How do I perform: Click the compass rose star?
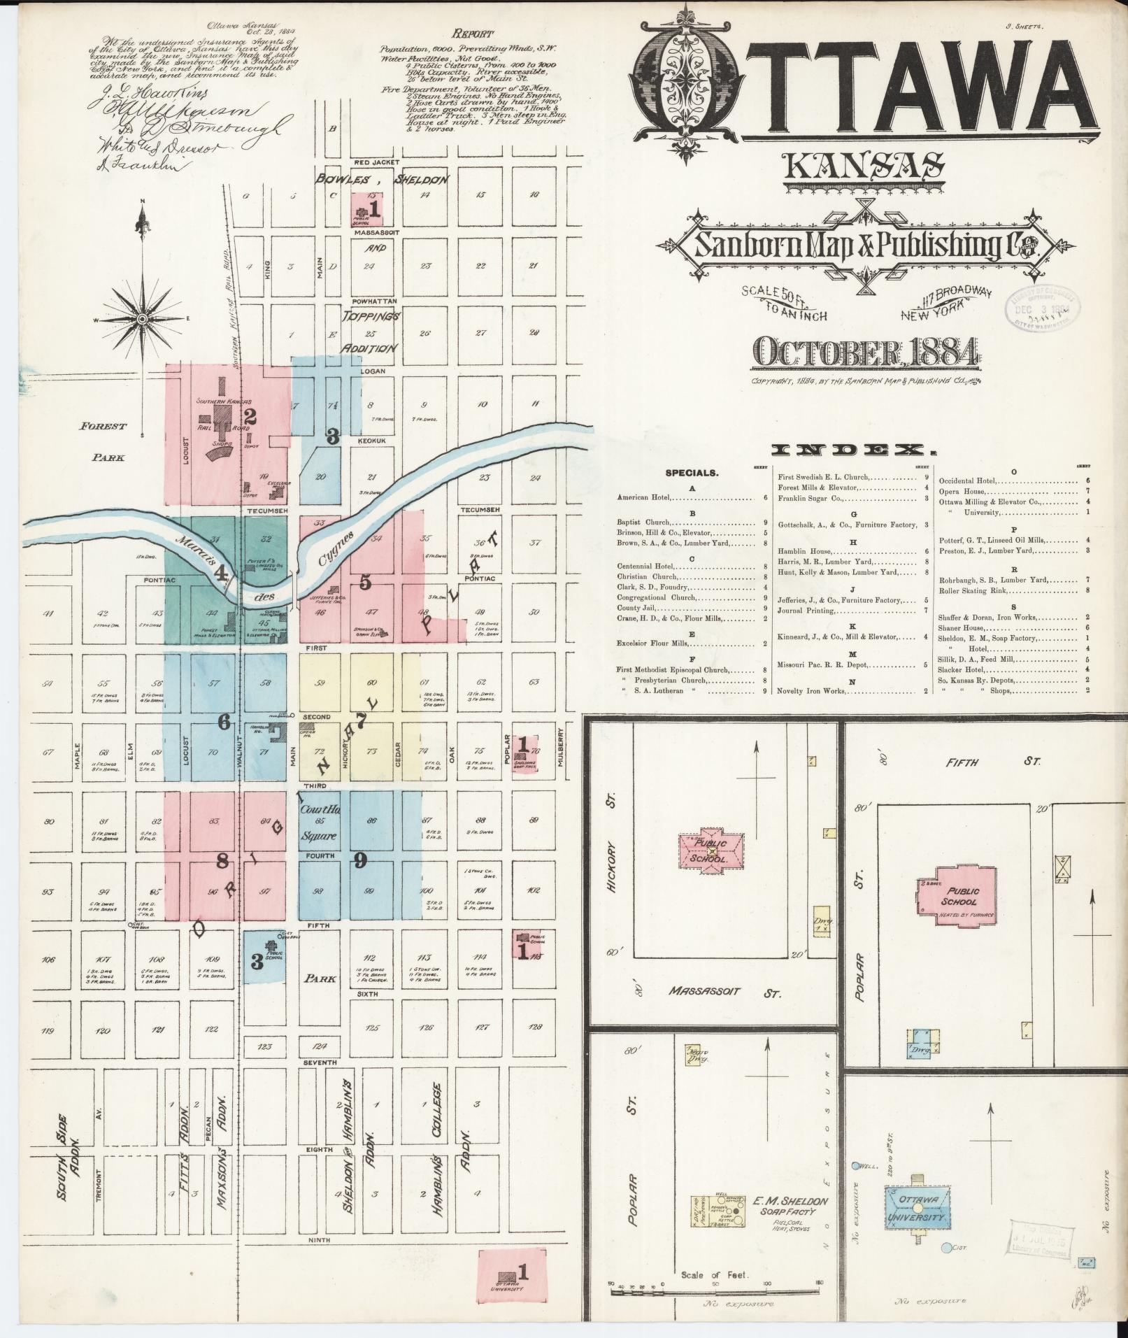coord(142,319)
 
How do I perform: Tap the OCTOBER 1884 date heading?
coord(865,354)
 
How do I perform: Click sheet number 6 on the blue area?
coord(224,723)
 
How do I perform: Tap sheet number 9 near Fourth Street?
coord(359,861)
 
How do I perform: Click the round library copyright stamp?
coord(1041,306)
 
